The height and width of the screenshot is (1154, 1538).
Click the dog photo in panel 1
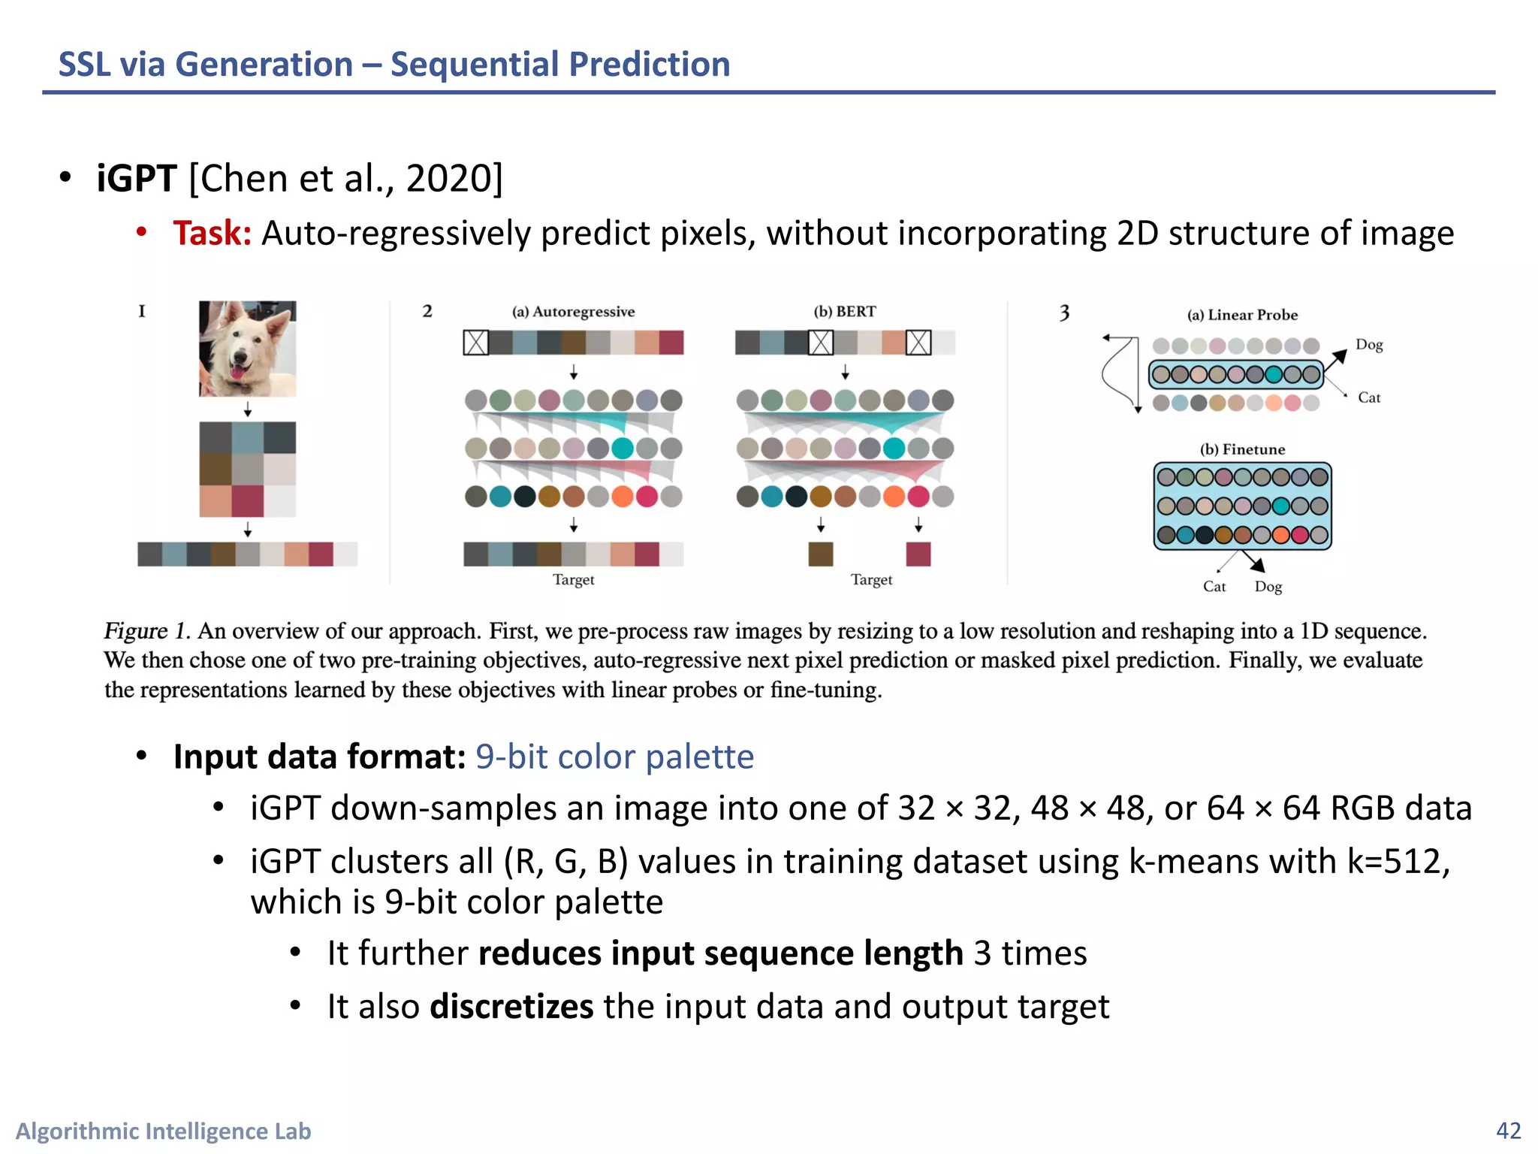click(x=247, y=349)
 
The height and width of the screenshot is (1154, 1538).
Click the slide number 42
click(x=1508, y=1131)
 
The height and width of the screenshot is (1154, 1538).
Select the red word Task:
click(x=212, y=234)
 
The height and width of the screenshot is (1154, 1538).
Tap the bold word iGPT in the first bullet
click(x=136, y=179)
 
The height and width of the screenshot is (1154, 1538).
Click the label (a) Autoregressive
click(x=573, y=312)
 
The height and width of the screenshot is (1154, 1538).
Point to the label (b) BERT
click(x=845, y=312)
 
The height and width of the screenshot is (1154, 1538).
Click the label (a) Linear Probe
click(x=1242, y=315)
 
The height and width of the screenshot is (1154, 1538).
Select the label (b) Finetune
click(x=1242, y=449)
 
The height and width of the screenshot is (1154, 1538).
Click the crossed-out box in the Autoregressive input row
click(x=476, y=343)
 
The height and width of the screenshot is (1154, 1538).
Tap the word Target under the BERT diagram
click(x=871, y=579)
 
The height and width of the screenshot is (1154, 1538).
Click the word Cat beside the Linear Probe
click(x=1369, y=397)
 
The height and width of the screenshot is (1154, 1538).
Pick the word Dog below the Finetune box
click(x=1268, y=587)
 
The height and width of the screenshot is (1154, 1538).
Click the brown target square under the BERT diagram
click(x=821, y=554)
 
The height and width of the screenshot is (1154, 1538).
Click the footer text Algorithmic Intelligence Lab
click(x=163, y=1131)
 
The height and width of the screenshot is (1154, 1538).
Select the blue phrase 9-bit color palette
click(x=614, y=757)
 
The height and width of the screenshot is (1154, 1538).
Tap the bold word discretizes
click(x=511, y=1007)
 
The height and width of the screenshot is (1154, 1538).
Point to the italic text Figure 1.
click(x=146, y=631)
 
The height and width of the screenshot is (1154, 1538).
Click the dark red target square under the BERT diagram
click(x=918, y=554)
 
